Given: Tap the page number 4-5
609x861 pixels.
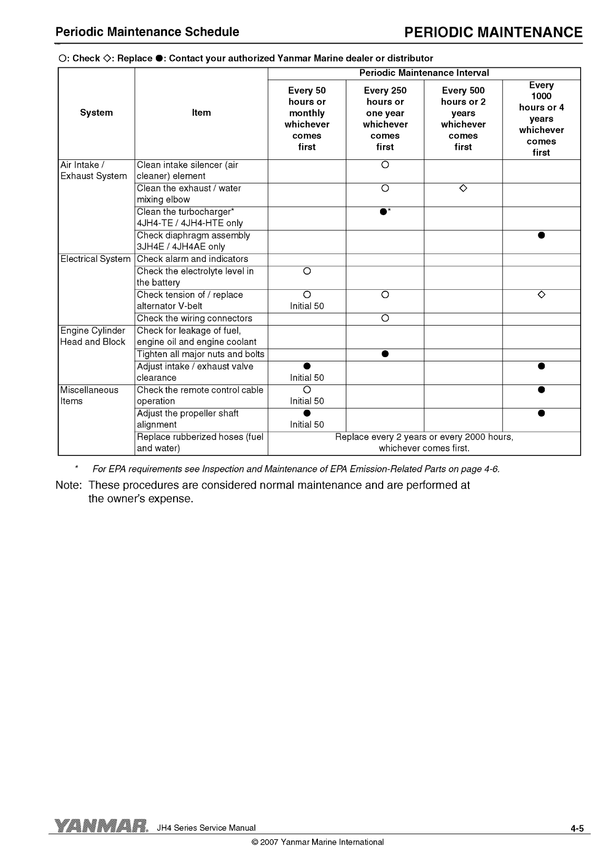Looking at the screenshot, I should coord(577,829).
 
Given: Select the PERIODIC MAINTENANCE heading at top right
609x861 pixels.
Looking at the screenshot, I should coord(493,33).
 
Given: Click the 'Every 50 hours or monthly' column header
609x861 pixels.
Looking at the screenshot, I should coord(307,118).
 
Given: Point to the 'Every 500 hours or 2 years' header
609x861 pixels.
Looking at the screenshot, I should coord(463,118).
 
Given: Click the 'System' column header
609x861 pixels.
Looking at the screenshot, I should coord(96,113).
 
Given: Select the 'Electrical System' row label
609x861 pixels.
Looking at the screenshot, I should coord(95,259).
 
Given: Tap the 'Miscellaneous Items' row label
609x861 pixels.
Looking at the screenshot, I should coord(89,396).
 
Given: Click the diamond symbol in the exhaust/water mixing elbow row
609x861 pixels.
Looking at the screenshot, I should coord(463,188).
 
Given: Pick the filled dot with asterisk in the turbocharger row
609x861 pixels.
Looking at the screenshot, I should coord(384,212).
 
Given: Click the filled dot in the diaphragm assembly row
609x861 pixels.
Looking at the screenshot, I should coord(541,236).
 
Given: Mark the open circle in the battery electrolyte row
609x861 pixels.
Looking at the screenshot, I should coord(307,271).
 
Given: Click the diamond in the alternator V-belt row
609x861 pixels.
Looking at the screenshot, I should coord(542,295).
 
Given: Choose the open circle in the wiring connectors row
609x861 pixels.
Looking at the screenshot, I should coord(385,318).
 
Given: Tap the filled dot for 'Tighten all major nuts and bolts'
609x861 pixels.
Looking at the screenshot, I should coord(385,354).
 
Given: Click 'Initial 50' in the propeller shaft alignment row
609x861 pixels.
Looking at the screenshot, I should coord(307,424).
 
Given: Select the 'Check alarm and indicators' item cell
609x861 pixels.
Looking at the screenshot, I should coord(192,259).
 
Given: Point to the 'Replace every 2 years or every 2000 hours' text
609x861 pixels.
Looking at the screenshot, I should coord(424,437).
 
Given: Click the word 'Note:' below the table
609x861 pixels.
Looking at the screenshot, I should coord(68,485).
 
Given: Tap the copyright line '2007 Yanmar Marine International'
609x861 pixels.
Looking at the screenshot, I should coord(318,842).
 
